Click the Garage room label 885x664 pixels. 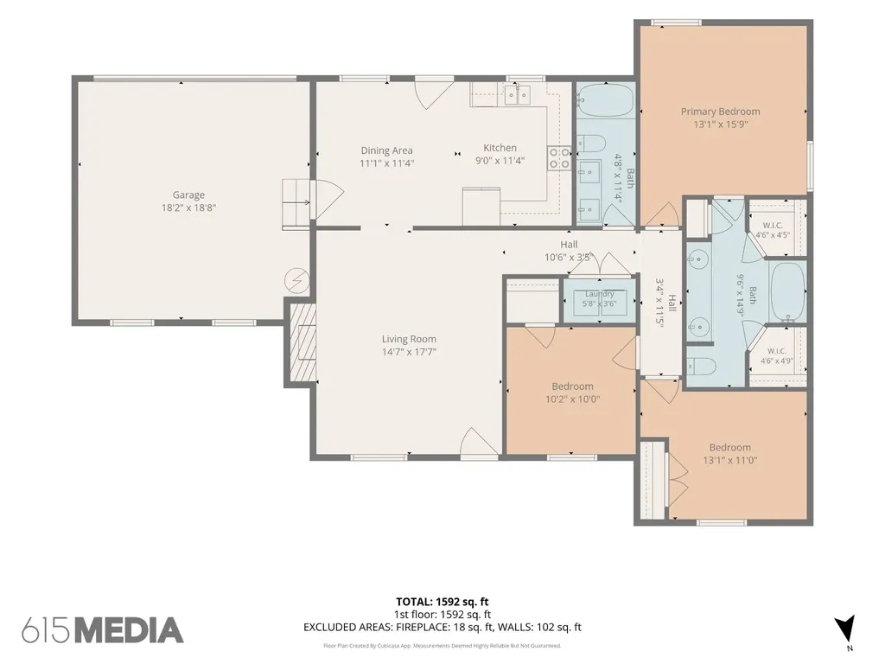point(188,195)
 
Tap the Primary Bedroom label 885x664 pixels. point(720,112)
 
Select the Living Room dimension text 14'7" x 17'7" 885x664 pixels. point(409,352)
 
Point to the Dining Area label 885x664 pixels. point(386,150)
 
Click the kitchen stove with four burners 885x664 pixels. point(559,158)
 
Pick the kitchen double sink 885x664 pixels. point(519,94)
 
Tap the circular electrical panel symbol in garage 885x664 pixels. point(296,279)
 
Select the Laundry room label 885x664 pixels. point(600,294)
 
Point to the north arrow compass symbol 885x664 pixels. point(845,629)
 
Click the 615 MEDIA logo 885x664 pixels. point(103,630)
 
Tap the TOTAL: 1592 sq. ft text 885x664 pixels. point(442,602)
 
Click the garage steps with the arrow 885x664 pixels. point(296,204)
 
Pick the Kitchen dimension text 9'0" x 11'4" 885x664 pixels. point(500,160)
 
